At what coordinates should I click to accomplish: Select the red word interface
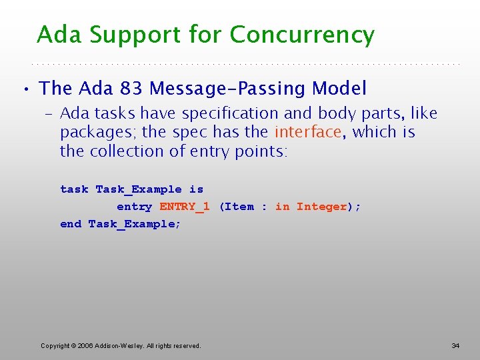308,132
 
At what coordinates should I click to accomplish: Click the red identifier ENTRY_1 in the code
185,207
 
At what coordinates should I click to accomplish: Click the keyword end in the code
71,224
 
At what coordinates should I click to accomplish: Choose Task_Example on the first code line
139,189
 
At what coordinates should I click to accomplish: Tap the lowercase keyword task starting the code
74,189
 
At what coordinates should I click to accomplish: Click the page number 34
455,345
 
